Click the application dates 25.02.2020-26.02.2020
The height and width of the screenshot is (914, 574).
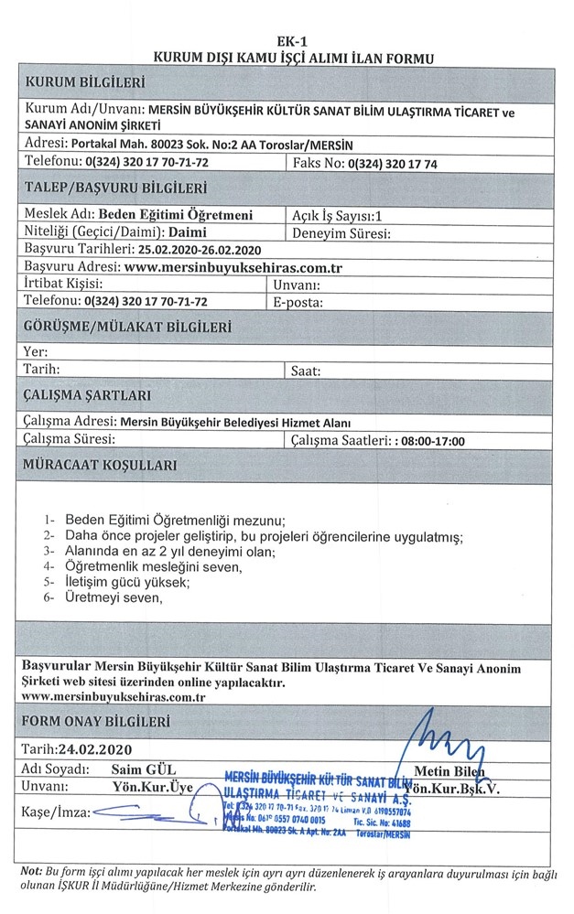tap(200, 249)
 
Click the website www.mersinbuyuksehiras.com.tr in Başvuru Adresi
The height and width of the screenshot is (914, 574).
tap(233, 267)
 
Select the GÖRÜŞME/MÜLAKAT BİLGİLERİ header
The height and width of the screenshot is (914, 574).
tap(127, 326)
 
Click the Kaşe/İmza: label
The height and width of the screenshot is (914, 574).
tap(54, 812)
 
